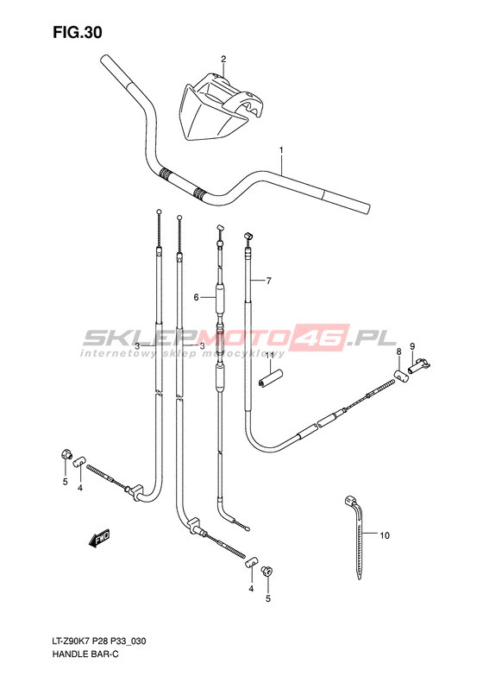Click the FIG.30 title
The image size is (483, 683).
pyautogui.click(x=78, y=32)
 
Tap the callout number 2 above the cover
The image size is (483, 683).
pyautogui.click(x=223, y=59)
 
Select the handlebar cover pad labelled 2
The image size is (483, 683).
pyautogui.click(x=220, y=107)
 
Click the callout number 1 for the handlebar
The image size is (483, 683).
pyautogui.click(x=281, y=150)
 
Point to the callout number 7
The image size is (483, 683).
pyautogui.click(x=269, y=281)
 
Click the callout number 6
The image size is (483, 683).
pyautogui.click(x=197, y=298)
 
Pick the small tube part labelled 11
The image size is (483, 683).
pyautogui.click(x=270, y=377)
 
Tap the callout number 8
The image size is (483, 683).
pyautogui.click(x=398, y=351)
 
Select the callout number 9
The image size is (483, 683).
pyautogui.click(x=412, y=347)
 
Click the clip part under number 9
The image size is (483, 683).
pyautogui.click(x=418, y=365)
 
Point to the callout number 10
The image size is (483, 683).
pyautogui.click(x=385, y=535)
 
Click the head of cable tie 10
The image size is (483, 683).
pyautogui.click(x=350, y=500)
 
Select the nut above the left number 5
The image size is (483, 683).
pyautogui.click(x=66, y=455)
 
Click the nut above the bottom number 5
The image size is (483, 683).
pyautogui.click(x=267, y=571)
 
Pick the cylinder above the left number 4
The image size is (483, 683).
pyautogui.click(x=79, y=461)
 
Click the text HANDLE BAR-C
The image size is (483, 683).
pyautogui.click(x=85, y=655)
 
